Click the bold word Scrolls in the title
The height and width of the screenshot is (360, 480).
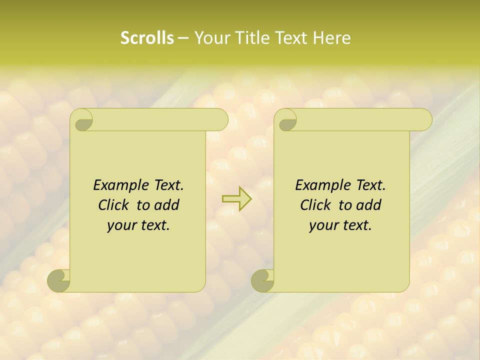click(147, 37)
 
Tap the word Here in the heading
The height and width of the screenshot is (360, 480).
click(332, 37)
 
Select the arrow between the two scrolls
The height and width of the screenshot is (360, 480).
click(236, 198)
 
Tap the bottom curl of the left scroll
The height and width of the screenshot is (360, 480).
click(58, 280)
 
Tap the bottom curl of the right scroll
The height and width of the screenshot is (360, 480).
click(262, 280)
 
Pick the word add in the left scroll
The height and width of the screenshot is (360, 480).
click(167, 205)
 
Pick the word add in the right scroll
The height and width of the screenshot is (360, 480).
click(369, 205)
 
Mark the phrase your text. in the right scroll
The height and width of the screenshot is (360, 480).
click(340, 225)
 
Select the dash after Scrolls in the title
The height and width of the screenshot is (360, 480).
click(183, 37)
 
